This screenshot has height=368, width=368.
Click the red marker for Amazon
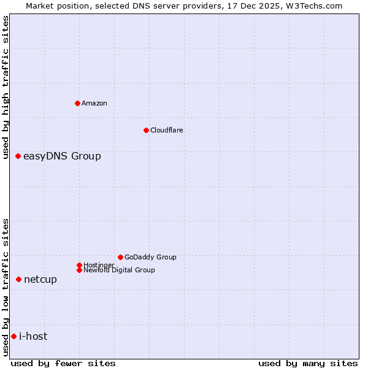click(77, 103)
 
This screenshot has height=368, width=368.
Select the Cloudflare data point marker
click(146, 130)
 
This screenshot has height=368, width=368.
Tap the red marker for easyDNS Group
click(18, 156)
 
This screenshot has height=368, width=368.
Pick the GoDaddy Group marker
click(120, 257)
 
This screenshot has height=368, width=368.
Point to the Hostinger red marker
click(79, 265)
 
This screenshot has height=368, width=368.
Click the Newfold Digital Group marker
click(79, 270)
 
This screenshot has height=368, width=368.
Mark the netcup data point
click(18, 280)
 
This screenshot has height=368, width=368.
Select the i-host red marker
click(13, 336)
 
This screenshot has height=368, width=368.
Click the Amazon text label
click(94, 103)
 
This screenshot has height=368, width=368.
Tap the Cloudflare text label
click(167, 130)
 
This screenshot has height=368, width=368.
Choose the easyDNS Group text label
click(62, 156)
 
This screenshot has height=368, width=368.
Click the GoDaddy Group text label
click(150, 257)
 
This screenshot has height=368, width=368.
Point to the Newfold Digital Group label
click(119, 270)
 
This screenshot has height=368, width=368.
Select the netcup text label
click(40, 280)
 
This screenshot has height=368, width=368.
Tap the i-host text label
click(33, 336)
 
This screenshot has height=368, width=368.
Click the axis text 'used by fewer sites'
click(63, 363)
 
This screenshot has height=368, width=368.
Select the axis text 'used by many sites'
click(308, 363)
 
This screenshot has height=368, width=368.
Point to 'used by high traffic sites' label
click(6, 87)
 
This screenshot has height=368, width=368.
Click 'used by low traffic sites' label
click(6, 287)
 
